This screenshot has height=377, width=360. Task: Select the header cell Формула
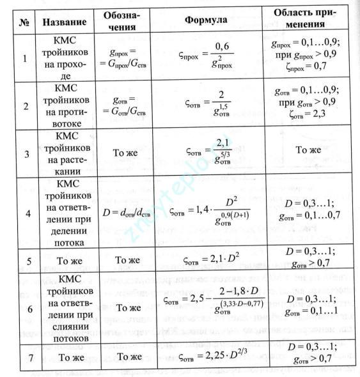(x=206, y=20)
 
